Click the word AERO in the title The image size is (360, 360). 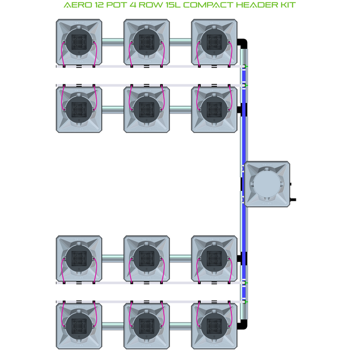[x=75, y=5]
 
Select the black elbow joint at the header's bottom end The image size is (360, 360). [x=242, y=324]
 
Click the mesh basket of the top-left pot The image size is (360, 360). [x=79, y=42]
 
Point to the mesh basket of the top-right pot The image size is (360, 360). [x=214, y=42]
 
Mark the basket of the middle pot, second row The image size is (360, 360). [x=146, y=109]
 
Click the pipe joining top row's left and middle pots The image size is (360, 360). [x=113, y=42]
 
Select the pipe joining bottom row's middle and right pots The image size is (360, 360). [x=180, y=326]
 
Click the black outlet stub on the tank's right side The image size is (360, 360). [x=293, y=200]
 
